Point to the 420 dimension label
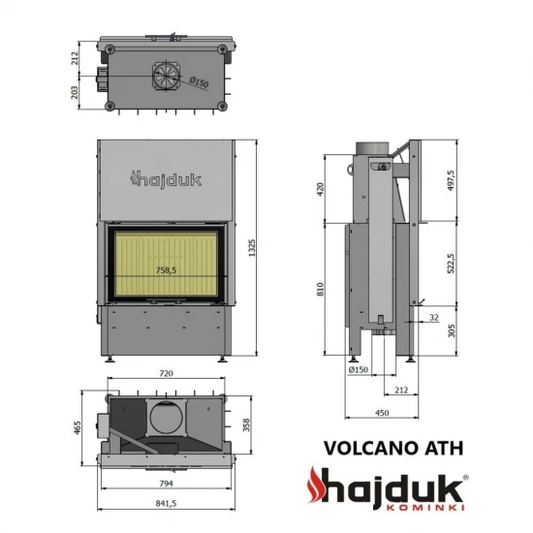321,188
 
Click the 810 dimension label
321,288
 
